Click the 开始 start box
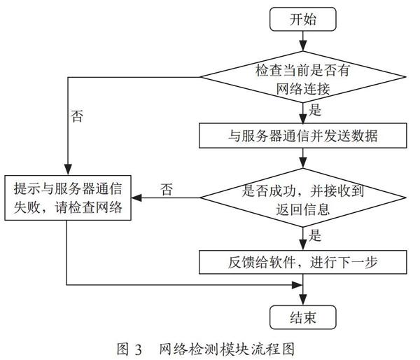[302, 19]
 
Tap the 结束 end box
[302, 317]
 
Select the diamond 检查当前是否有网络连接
[303, 77]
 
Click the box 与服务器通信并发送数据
[302, 136]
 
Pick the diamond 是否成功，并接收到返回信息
[303, 198]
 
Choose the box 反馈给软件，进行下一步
[302, 262]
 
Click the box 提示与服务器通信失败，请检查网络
[68, 198]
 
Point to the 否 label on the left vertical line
[77, 116]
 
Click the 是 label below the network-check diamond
[314, 110]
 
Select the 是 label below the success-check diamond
[314, 235]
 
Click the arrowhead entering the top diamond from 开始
[303, 46]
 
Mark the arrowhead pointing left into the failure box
[136, 198]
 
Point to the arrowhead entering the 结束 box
[303, 300]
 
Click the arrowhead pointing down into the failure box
[68, 170]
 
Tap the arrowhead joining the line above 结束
[297, 284]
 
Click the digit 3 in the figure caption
[138, 349]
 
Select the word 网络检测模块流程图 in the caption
[227, 349]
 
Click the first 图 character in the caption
[123, 349]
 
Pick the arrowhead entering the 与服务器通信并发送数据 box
[303, 118]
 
